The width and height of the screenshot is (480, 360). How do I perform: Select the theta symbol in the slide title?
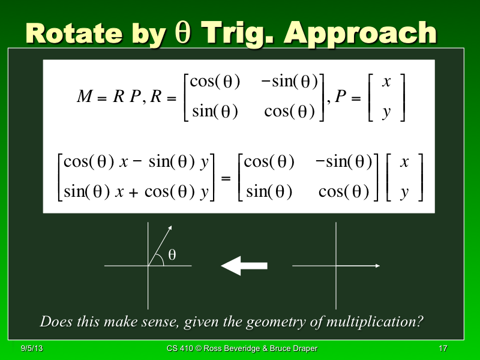(183, 34)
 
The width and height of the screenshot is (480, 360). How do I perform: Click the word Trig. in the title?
(241, 34)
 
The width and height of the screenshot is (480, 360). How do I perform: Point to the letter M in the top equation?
(84, 97)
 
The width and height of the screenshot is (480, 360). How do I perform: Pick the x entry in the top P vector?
(386, 82)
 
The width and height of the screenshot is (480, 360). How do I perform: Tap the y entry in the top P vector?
(386, 112)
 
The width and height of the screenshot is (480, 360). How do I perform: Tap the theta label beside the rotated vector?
(172, 255)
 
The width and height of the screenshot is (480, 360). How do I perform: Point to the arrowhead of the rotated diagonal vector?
(170, 228)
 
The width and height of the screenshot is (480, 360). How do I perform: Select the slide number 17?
(443, 349)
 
